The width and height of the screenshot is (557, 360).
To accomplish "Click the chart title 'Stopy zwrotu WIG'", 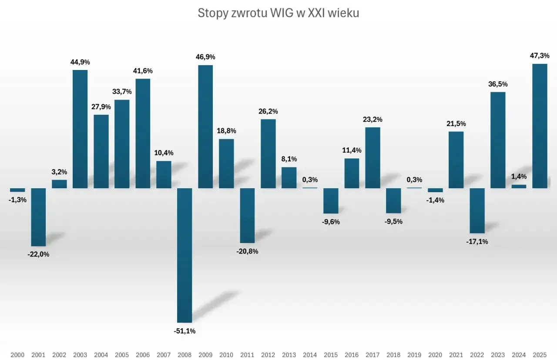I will coord(278,13).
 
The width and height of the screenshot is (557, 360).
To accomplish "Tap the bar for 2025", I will coord(540,126).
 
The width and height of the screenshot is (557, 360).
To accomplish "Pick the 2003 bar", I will coord(80,129).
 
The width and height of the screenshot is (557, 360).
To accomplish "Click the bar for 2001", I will coord(38,217).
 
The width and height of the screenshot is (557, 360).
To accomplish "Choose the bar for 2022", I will coord(477,210).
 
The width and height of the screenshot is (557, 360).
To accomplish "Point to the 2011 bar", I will coord(247,215).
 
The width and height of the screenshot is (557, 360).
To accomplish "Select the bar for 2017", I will coord(372,157).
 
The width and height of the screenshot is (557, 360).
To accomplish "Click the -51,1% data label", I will coord(185,331).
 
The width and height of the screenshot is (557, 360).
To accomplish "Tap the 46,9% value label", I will coord(205,57).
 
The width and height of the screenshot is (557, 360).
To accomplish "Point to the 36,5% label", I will coord(498,84).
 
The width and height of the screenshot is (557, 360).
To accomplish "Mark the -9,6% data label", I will coord(331,222).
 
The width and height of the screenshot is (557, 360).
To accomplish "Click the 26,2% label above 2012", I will coord(268,111).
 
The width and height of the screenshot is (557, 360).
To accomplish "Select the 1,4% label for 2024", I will coord(519,177).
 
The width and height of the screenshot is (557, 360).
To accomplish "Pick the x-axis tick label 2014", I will coord(310,355).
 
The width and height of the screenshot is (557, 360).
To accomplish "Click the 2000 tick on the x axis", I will coord(17,355).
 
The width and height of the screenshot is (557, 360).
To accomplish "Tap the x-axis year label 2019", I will coord(414,355).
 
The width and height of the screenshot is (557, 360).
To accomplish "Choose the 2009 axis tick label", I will coord(205,355).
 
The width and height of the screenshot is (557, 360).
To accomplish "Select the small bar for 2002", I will coord(59,184).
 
